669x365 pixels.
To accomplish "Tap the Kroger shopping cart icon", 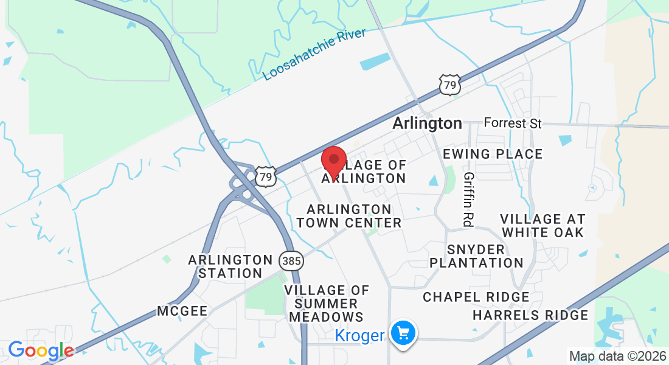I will click(403, 333).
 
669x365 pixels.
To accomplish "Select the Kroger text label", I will click(360, 335).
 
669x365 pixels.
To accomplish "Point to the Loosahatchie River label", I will click(315, 54).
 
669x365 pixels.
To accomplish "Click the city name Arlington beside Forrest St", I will click(427, 123).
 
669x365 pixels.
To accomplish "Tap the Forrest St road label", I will click(512, 123).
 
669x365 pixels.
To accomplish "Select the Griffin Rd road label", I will click(468, 199).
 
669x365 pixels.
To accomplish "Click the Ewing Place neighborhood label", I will click(493, 154).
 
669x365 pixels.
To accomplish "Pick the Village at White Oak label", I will click(542, 225).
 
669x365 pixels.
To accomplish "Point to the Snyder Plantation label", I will click(476, 256).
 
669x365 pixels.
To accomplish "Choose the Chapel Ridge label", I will click(476, 297).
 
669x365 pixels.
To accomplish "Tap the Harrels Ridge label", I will click(530, 315).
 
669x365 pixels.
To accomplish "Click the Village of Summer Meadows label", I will click(327, 304).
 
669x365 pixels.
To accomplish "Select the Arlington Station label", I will click(231, 266).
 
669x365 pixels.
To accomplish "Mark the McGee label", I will click(182, 311).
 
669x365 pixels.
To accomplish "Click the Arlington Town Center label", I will click(349, 216).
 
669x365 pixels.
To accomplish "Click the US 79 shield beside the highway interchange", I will click(266, 177).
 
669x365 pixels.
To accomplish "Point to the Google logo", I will click(41, 350).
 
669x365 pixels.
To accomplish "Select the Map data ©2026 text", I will click(617, 356).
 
